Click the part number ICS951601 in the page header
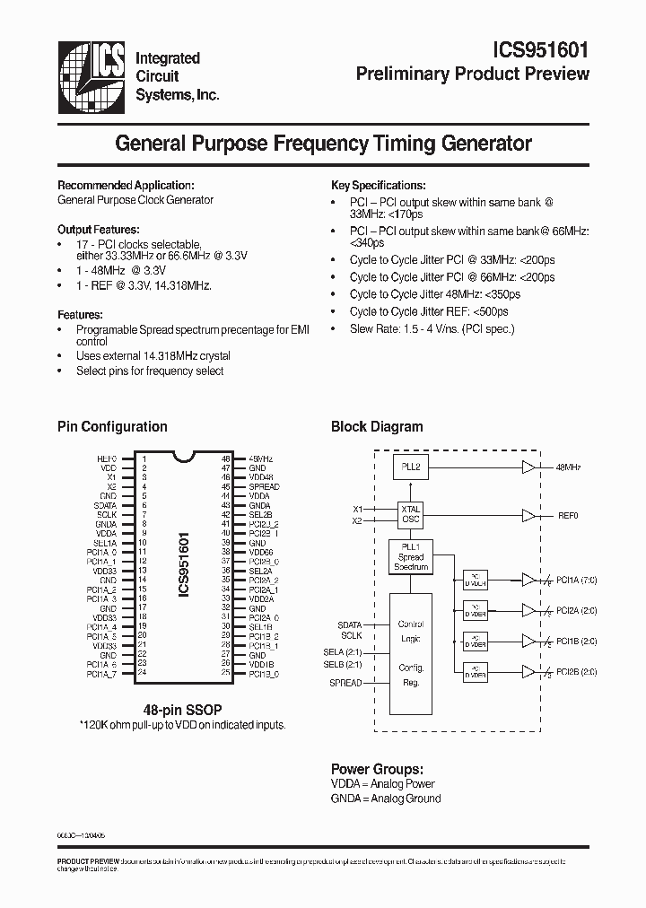(542, 50)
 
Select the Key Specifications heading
(378, 185)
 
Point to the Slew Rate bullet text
(432, 328)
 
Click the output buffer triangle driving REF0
(528, 516)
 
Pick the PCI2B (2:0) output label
(577, 671)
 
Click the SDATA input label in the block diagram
(350, 624)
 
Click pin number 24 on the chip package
(142, 673)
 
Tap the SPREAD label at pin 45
(264, 486)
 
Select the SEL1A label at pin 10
(105, 543)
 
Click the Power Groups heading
(377, 769)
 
